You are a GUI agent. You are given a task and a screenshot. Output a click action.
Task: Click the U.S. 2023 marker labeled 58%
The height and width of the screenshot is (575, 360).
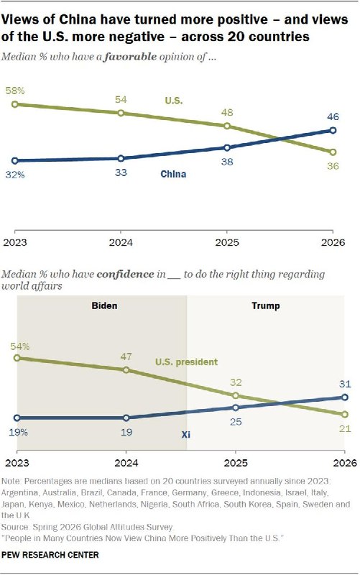(15, 104)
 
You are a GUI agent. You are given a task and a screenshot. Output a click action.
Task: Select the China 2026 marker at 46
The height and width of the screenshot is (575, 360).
(333, 130)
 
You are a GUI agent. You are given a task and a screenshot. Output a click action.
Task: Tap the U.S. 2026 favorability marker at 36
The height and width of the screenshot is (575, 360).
(333, 152)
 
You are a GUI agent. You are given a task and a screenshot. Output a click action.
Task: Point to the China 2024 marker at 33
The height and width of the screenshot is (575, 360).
(121, 158)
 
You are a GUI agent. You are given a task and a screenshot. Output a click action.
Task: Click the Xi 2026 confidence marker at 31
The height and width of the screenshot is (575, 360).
(345, 397)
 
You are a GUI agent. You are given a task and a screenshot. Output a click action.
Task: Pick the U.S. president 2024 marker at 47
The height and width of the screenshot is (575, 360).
(126, 370)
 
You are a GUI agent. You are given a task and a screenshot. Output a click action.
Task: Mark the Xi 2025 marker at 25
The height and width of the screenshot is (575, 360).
(236, 408)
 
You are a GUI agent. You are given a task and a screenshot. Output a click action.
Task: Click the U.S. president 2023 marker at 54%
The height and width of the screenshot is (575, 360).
(17, 358)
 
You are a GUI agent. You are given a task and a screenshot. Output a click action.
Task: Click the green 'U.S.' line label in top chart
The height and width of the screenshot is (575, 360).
(174, 101)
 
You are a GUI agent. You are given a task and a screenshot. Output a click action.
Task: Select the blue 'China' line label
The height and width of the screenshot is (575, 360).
(173, 174)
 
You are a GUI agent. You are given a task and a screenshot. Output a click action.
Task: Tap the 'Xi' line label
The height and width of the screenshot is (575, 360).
(186, 435)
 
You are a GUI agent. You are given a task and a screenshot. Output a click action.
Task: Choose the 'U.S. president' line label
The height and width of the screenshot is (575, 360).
(186, 362)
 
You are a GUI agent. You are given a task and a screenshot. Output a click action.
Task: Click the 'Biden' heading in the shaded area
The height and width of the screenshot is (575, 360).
(104, 306)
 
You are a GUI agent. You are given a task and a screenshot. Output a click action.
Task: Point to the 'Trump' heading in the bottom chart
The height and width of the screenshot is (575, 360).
(266, 306)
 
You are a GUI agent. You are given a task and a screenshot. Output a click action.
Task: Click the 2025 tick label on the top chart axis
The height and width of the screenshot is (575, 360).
(227, 243)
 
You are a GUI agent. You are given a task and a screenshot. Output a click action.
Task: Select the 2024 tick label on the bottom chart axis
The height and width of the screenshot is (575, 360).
(126, 463)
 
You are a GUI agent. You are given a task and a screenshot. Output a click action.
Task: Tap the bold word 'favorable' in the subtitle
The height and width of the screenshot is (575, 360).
(130, 57)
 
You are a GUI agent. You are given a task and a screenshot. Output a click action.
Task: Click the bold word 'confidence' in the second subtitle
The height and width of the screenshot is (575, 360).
(125, 275)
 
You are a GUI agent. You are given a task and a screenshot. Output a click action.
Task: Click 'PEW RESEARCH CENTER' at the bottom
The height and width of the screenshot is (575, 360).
(50, 555)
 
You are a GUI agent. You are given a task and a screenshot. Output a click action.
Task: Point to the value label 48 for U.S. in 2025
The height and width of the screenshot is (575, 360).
(227, 113)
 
